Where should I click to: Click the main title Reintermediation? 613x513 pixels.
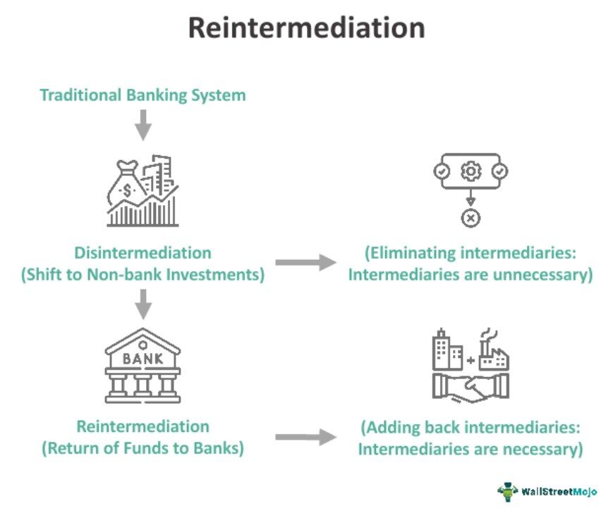click(306, 27)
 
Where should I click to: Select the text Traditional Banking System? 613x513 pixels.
click(142, 94)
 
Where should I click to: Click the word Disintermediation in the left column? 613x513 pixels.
click(143, 252)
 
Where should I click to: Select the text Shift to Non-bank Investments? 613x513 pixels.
click(143, 275)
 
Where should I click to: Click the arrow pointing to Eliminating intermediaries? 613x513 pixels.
click(305, 263)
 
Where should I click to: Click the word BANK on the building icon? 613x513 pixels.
click(143, 358)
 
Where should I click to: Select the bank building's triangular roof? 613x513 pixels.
click(143, 339)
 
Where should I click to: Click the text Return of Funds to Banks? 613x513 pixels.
click(143, 447)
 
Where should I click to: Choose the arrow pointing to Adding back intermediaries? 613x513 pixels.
click(305, 438)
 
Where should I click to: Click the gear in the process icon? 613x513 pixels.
click(471, 171)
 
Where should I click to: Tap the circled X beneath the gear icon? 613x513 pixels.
click(471, 218)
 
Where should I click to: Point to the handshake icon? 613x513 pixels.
click(471, 388)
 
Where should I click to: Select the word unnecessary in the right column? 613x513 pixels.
click(543, 275)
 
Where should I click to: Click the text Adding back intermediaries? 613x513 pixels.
click(471, 427)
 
